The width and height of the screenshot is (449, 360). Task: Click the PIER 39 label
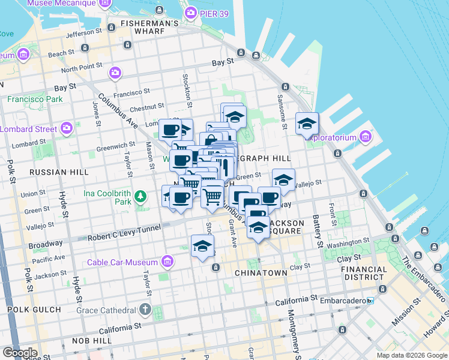click(212, 13)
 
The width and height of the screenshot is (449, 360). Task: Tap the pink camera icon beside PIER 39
click(191, 13)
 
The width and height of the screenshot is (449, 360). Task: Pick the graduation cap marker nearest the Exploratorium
click(307, 124)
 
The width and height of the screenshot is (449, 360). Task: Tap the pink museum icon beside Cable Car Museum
click(167, 262)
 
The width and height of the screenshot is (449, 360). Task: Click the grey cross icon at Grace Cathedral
click(145, 310)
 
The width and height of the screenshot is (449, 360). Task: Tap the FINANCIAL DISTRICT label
click(364, 273)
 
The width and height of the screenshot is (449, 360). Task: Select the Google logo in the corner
click(19, 352)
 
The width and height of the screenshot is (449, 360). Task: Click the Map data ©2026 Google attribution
click(411, 355)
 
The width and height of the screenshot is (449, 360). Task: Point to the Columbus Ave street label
click(118, 110)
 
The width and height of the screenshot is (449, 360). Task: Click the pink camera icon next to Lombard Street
click(67, 128)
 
